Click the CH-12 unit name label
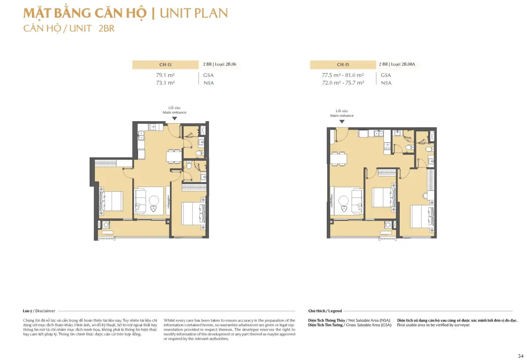click(x=165, y=65)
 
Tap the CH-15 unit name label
click(x=343, y=65)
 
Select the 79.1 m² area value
click(x=166, y=75)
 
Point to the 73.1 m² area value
click(x=166, y=83)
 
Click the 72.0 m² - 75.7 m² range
click(x=343, y=83)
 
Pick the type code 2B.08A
click(x=408, y=64)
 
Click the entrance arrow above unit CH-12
click(x=174, y=119)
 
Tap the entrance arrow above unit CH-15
click(x=342, y=122)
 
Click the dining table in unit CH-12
click(x=174, y=156)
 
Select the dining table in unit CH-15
click(x=338, y=159)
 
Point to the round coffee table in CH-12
click(x=154, y=201)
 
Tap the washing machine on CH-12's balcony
click(x=106, y=224)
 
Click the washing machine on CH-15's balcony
click(x=388, y=225)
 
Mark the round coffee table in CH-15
click(x=343, y=201)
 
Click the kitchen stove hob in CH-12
click(x=152, y=127)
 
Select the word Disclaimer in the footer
click(x=45, y=311)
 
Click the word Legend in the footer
click(x=335, y=311)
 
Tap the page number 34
click(x=520, y=356)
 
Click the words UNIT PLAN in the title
click(x=194, y=13)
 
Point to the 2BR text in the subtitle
click(x=107, y=29)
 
